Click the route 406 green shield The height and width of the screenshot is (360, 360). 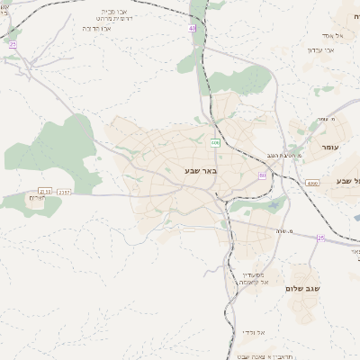[x=215, y=143]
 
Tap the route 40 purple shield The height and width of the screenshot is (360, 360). [x=192, y=29]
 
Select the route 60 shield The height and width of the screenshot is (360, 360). [x=263, y=175]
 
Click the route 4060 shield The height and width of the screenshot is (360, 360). [x=312, y=183]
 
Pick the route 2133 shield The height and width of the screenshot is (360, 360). [x=44, y=191]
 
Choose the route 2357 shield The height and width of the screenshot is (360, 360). [x=64, y=191]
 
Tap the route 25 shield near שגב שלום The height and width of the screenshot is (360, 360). [x=320, y=238]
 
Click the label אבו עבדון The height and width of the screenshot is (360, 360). [x=320, y=49]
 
